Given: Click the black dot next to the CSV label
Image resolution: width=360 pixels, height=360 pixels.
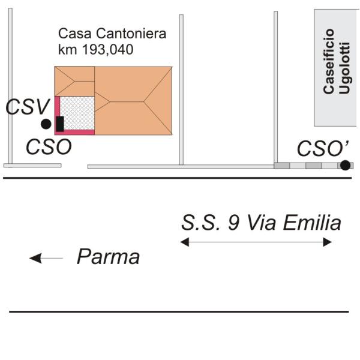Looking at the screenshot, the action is pos(46,124).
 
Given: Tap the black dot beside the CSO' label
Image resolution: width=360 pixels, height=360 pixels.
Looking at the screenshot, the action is pos(345,165).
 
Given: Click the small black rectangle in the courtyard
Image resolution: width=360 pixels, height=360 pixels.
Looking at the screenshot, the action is pos(59,124).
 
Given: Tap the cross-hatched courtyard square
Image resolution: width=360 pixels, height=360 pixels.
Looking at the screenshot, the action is pos(78,113).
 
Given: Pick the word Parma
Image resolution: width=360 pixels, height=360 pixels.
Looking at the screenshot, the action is pos(108,257).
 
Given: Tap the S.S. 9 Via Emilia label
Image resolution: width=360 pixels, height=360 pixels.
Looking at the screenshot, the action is pos(261,223).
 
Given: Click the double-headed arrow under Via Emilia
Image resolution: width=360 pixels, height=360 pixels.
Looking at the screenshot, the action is pos(256,242).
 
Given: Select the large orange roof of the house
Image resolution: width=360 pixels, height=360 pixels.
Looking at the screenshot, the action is pos(133,100).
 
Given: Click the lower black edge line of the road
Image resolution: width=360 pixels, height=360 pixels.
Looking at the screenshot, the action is pos(179,311).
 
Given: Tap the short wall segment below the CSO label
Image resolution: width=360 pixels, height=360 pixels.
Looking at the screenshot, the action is pos(32,165).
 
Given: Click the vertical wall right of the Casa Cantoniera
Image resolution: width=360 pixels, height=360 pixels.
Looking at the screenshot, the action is pos(181,90).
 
